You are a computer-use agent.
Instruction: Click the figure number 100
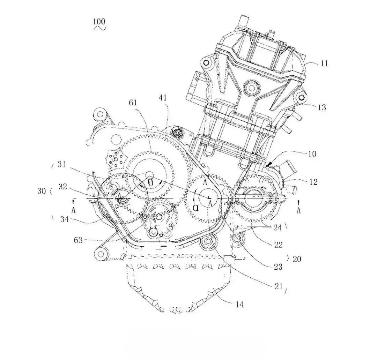(99, 22)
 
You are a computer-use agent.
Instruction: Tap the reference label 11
(324, 63)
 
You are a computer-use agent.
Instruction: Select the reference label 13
(322, 107)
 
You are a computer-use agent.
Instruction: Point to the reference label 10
(312, 154)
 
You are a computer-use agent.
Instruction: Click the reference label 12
(313, 182)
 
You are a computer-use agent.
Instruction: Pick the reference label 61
(133, 103)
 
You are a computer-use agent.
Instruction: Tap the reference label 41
(163, 98)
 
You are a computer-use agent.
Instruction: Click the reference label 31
(62, 165)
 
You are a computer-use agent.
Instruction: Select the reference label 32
(63, 186)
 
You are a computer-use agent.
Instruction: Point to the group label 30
(42, 191)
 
